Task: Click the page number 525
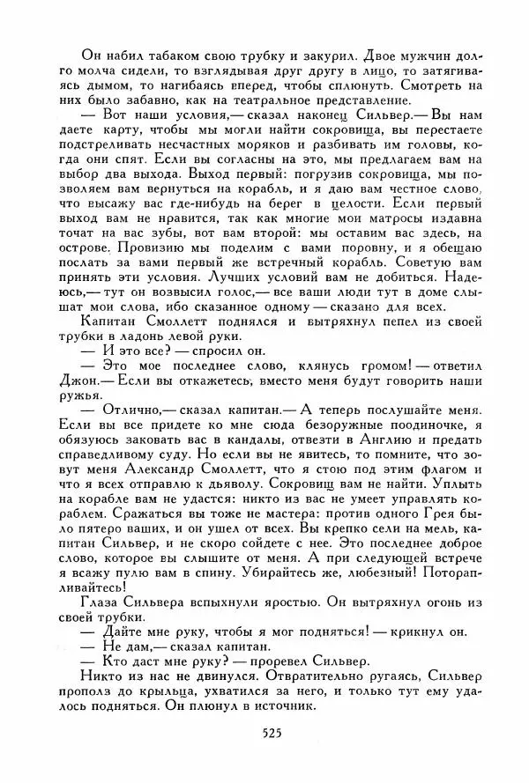pyautogui.click(x=272, y=733)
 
